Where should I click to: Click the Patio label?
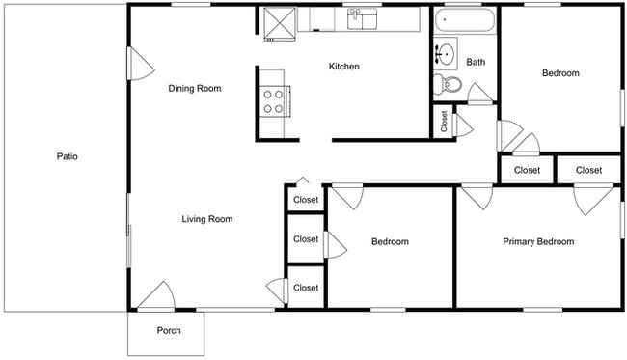click(66, 155)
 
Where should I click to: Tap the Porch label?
click(169, 331)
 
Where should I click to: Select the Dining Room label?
click(195, 89)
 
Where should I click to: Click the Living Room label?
click(207, 219)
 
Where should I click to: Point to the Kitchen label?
click(344, 67)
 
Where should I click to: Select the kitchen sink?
click(363, 19)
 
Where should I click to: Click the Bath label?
click(476, 63)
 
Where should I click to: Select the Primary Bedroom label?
click(538, 242)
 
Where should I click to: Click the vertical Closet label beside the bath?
click(444, 123)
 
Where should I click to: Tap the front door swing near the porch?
click(154, 296)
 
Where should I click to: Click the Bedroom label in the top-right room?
click(560, 73)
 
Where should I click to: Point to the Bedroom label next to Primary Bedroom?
click(390, 242)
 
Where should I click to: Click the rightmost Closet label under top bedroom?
click(588, 170)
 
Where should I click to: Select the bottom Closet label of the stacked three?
click(306, 288)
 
